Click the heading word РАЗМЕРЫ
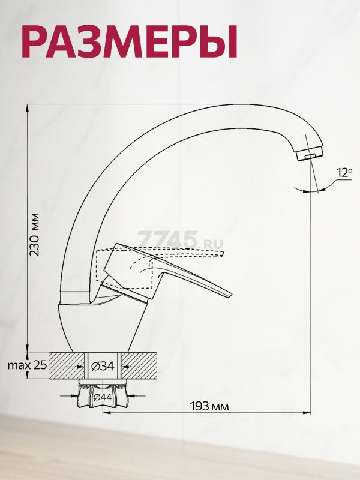point(130,41)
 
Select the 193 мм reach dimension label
point(209,407)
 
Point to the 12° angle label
point(344,173)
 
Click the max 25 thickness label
point(27,365)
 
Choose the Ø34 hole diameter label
point(103,366)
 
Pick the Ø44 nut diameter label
point(102,397)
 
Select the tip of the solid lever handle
point(229,295)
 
